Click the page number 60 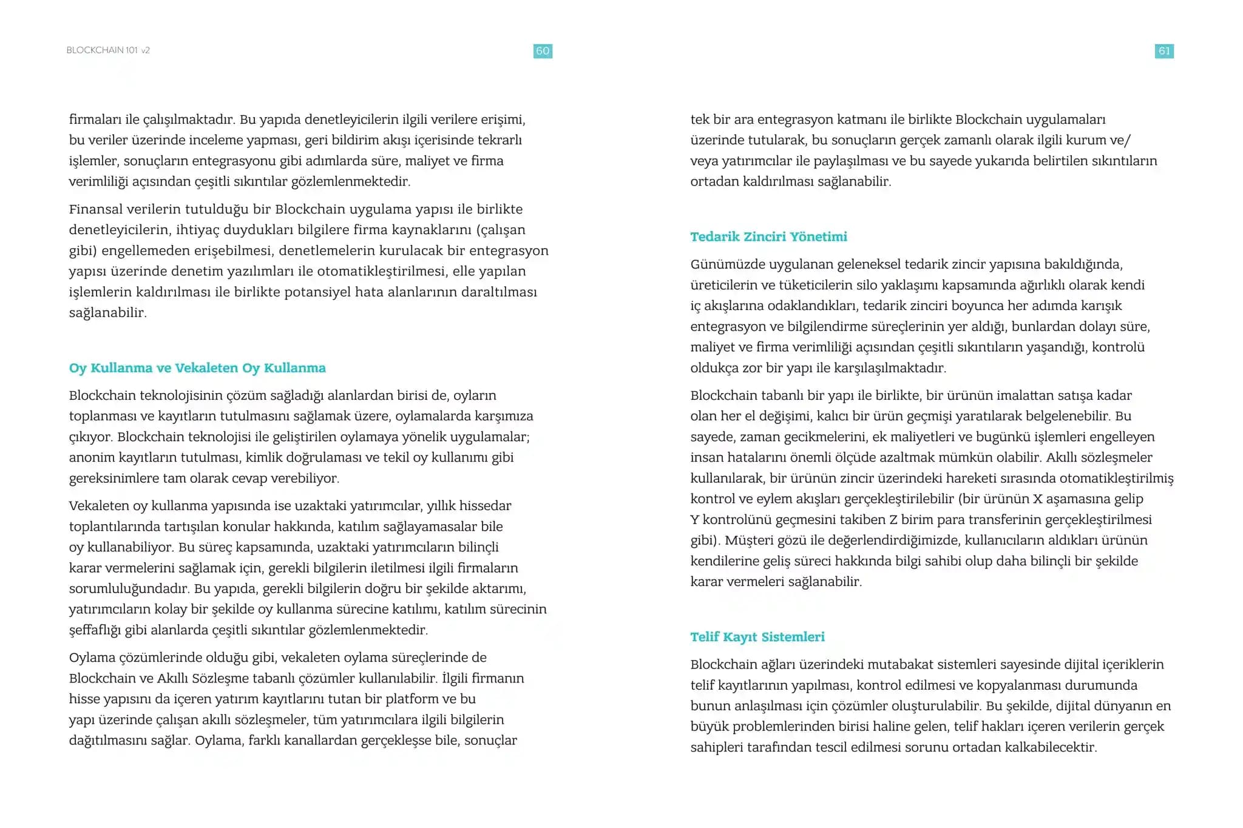point(543,51)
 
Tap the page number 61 point(1163,51)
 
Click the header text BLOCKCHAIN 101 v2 point(108,50)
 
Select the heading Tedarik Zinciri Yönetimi point(768,237)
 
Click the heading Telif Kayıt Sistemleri point(757,637)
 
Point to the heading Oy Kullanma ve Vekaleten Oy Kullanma point(197,368)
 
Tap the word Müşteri point(751,540)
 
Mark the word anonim point(91,457)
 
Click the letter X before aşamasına point(1037,499)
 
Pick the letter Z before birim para point(893,520)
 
